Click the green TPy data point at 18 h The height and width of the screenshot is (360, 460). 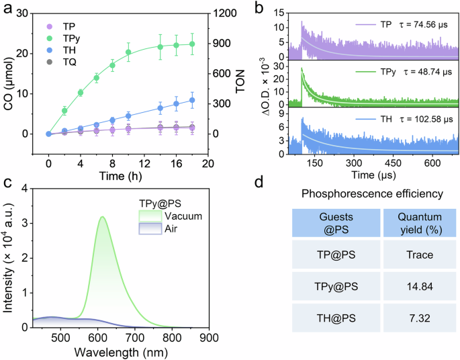(192, 44)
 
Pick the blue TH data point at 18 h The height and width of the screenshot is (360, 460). (192, 100)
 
